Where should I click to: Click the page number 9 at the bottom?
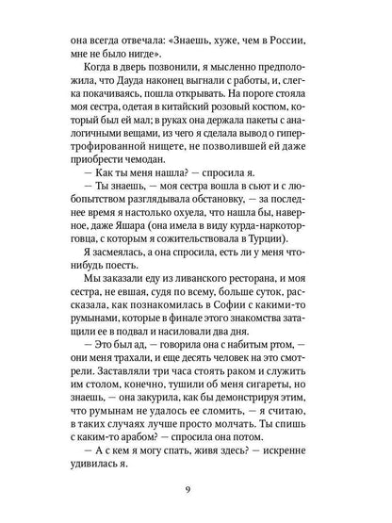coord(196,489)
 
